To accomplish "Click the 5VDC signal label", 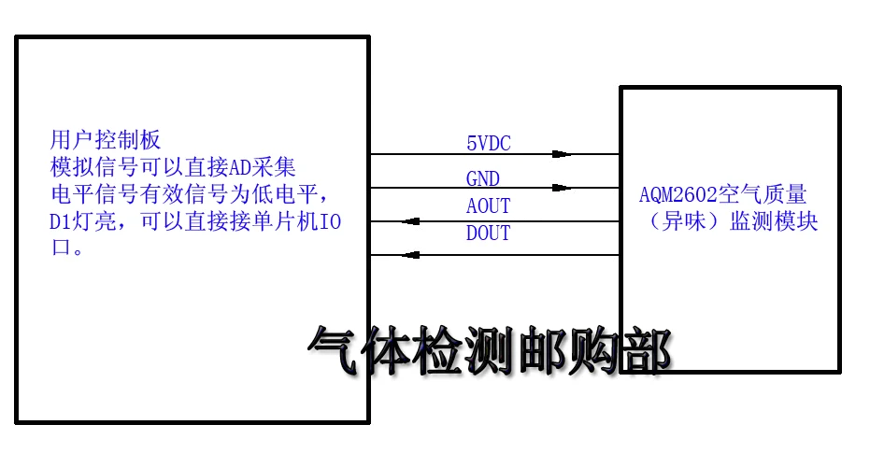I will [x=489, y=143].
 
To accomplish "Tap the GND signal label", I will [x=483, y=178].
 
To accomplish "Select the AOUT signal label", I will [x=489, y=205].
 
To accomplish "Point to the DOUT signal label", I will [x=489, y=234].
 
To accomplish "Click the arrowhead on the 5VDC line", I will [x=561, y=154].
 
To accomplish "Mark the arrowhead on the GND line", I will [x=561, y=188].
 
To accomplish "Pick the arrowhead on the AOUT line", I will [x=407, y=222].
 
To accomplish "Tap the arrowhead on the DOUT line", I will [x=407, y=255].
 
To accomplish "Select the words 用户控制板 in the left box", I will [x=106, y=140].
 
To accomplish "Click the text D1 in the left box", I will [x=61, y=222].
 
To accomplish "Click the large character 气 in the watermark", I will [x=335, y=353].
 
